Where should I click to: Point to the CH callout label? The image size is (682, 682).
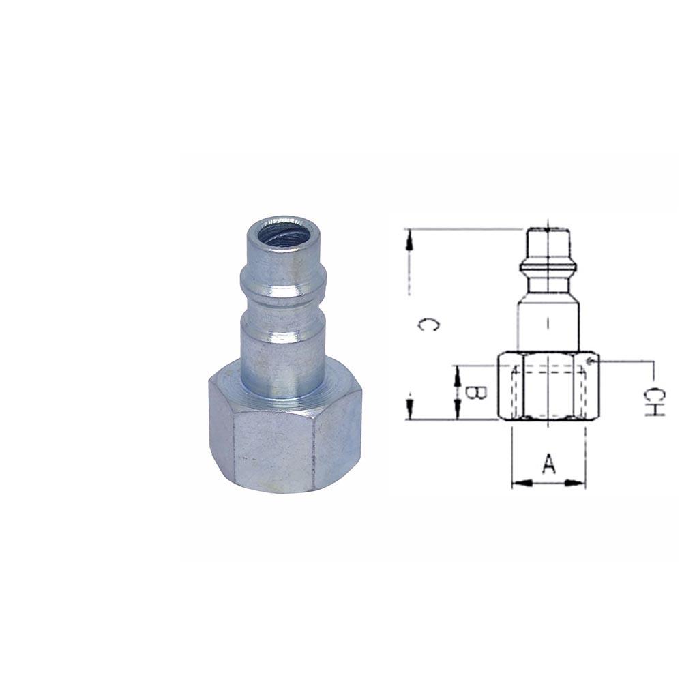click(653, 402)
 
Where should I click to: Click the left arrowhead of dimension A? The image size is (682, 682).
click(518, 484)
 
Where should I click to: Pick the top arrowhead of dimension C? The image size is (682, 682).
click(409, 237)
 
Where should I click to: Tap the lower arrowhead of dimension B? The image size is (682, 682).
click(456, 413)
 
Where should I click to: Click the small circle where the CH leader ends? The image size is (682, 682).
click(591, 359)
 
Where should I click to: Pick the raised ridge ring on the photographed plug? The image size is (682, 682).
click(282, 279)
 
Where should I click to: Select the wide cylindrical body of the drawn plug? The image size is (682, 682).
click(549, 324)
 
